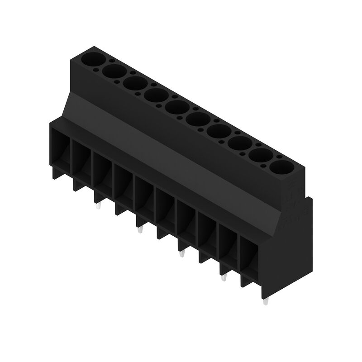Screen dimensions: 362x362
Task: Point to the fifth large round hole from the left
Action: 176,107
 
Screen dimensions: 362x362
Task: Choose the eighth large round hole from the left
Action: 238,143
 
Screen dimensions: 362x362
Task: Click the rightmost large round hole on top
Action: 281,167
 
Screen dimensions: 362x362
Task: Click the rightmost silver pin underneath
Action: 265,302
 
